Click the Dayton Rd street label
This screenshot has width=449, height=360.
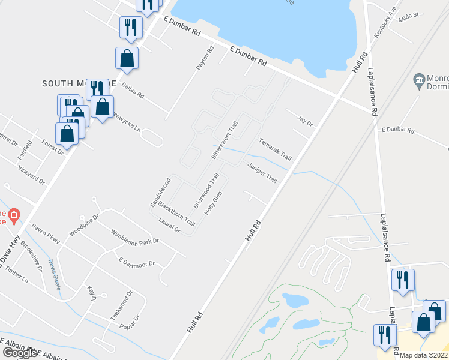[205, 59]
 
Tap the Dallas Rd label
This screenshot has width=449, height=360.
[133, 91]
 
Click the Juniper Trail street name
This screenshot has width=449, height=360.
[262, 171]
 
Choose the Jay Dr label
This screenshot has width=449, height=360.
[306, 121]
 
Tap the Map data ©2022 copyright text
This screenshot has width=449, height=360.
[424, 355]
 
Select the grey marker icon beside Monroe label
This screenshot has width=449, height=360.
[419, 79]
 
